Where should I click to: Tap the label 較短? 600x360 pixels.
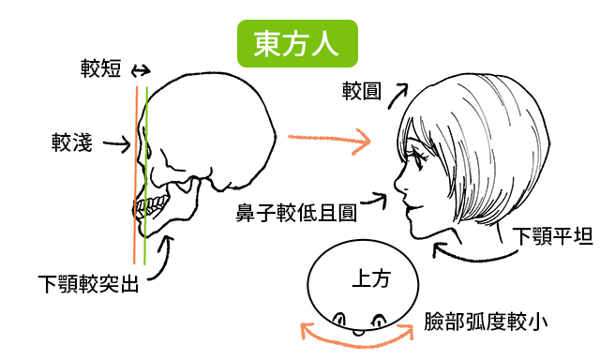click(101, 69)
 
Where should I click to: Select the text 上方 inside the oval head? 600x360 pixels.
click(370, 278)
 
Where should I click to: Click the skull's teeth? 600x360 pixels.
click(149, 208)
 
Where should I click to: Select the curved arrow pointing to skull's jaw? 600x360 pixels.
click(166, 256)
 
